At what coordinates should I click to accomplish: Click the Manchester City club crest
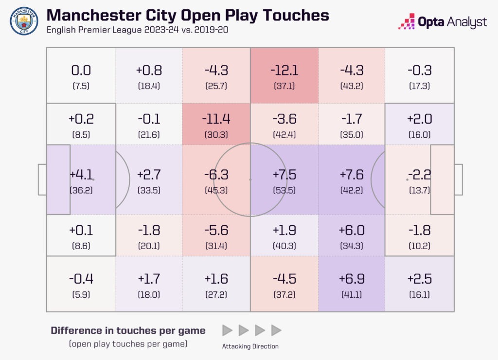point(24,21)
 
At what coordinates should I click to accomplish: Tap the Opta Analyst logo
point(442,22)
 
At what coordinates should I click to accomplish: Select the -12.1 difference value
point(285,71)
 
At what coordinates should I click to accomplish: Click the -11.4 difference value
point(216,119)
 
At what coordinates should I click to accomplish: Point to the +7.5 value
point(285,175)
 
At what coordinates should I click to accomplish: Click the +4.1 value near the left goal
point(81,175)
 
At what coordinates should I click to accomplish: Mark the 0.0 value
point(81,71)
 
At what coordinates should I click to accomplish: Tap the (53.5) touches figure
point(285,190)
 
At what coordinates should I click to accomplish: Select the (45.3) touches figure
point(216,190)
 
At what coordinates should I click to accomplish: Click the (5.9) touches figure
point(81,294)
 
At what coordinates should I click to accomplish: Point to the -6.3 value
point(216,175)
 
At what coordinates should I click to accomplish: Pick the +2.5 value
point(419,279)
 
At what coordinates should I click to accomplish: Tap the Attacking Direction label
point(250,347)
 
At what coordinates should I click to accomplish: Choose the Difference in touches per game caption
point(128,331)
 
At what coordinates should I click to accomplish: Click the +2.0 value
point(419,119)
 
